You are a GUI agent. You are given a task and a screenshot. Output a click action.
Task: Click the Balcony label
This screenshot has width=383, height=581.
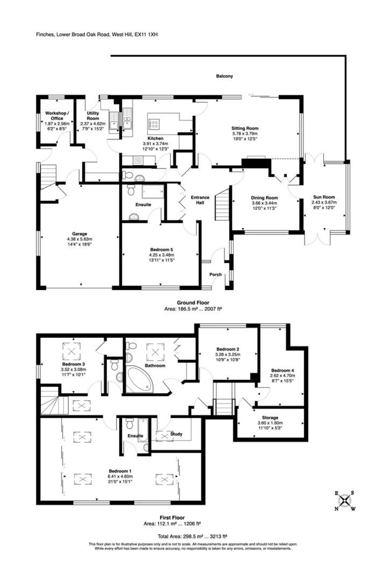point(224,76)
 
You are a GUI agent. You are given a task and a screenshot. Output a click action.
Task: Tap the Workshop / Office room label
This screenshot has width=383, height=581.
point(57,116)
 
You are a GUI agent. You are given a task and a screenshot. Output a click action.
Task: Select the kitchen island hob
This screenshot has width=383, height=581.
point(154,123)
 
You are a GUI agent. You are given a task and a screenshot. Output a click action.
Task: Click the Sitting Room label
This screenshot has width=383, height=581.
point(245,128)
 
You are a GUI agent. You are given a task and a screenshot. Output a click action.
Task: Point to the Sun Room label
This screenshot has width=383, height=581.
point(324,197)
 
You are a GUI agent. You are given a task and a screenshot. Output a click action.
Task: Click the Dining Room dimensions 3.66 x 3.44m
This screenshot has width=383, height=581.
point(264,203)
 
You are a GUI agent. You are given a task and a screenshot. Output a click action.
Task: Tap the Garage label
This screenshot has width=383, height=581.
point(79,234)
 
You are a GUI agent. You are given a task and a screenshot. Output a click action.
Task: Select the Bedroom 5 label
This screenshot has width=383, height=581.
point(161,249)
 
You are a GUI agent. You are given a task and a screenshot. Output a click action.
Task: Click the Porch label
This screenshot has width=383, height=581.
point(215,275)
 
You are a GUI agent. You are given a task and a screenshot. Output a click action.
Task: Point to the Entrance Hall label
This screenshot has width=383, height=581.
point(200,200)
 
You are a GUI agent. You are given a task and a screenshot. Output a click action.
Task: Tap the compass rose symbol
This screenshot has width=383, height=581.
point(344,500)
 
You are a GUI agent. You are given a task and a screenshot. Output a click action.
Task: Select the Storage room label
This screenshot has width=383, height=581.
point(270,418)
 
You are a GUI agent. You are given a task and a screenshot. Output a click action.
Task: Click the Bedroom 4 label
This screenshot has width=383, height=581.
point(282,370)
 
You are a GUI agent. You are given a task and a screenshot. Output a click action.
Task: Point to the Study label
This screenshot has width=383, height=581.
point(176,434)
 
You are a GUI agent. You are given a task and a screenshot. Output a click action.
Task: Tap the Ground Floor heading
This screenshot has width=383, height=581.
point(193,303)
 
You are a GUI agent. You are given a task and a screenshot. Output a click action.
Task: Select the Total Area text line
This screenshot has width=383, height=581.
point(193,536)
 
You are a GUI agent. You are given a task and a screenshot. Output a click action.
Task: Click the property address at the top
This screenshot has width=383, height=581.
point(97,34)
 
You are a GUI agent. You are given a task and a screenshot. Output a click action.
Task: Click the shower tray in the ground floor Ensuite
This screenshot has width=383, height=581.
point(153,192)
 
